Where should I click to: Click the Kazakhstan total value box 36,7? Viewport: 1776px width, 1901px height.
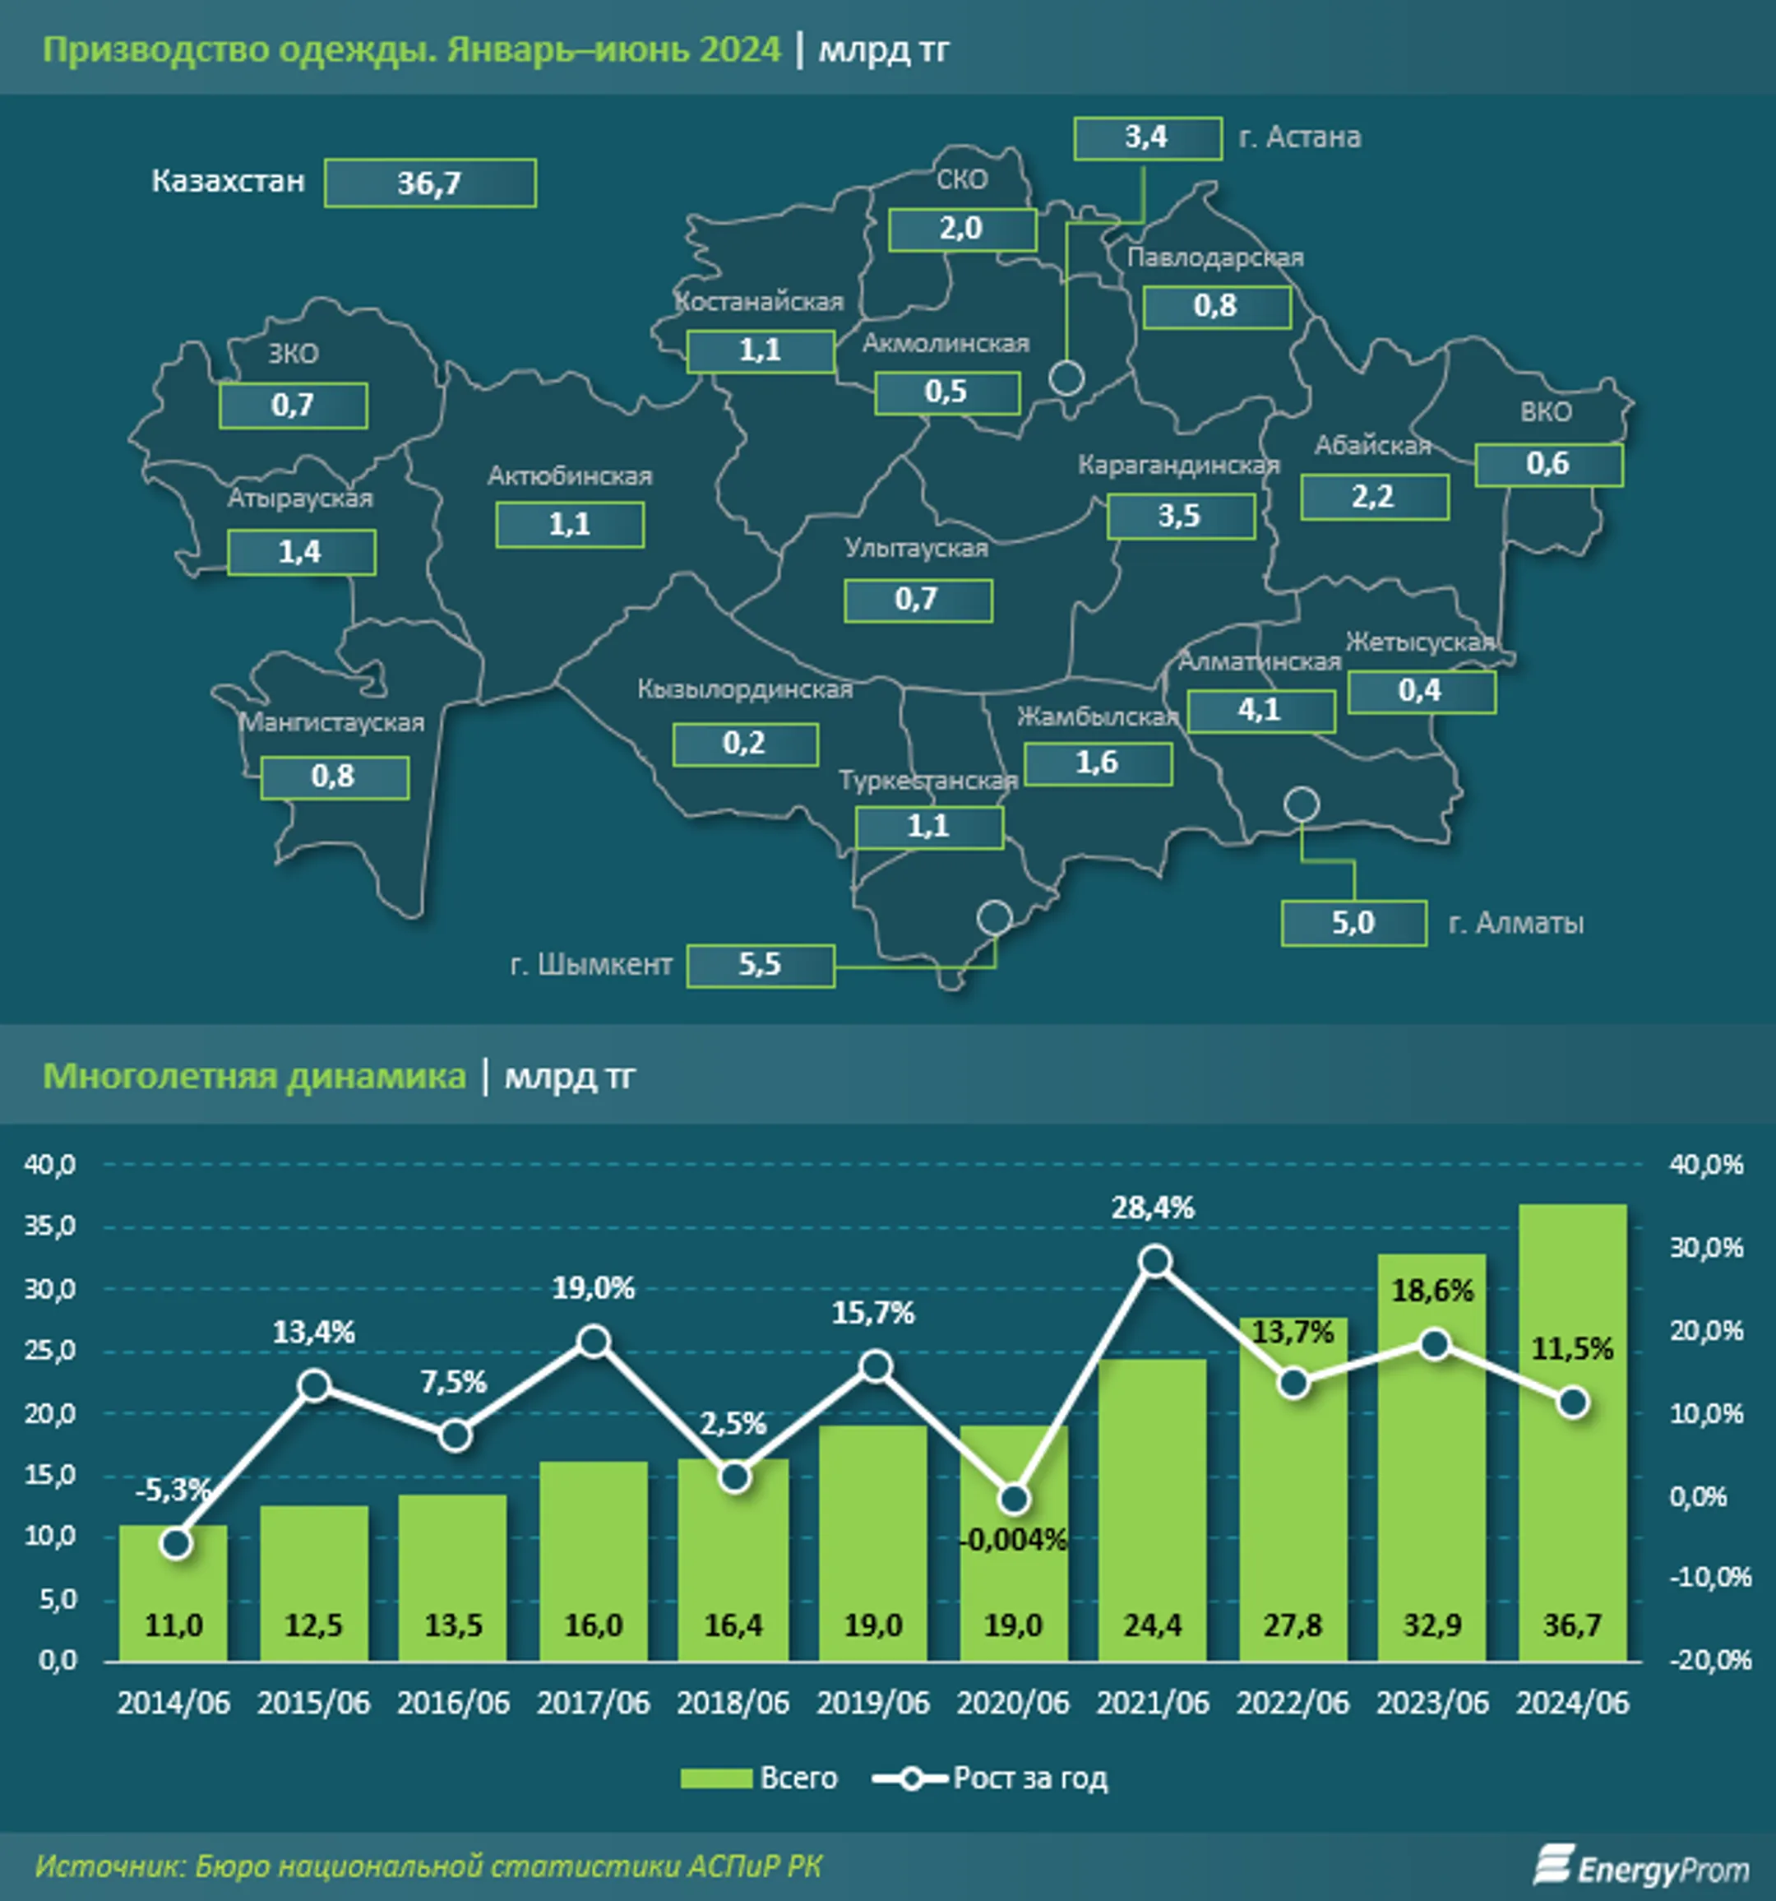[x=429, y=183]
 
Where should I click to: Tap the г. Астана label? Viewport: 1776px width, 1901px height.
[x=1299, y=137]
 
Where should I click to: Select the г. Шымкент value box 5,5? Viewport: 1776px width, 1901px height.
[x=760, y=965]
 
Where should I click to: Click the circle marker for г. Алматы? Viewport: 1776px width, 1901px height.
[x=1301, y=804]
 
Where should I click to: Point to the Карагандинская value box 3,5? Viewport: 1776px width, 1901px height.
[x=1180, y=517]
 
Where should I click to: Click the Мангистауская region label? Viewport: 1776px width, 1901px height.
[x=331, y=722]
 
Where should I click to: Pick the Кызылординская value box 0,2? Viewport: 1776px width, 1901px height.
[x=745, y=744]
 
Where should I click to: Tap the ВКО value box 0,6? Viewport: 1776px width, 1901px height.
[x=1547, y=464]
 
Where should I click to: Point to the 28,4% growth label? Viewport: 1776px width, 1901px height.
[x=1153, y=1208]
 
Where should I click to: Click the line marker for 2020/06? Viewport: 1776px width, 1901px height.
[x=1014, y=1499]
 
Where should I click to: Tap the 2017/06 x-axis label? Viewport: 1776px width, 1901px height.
[x=593, y=1703]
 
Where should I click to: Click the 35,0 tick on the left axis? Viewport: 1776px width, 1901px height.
[x=49, y=1226]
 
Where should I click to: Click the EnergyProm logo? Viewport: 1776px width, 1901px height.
[x=1641, y=1867]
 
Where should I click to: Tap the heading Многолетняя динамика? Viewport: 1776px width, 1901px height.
[x=254, y=1076]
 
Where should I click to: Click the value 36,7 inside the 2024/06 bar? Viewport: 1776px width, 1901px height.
[x=1572, y=1625]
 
